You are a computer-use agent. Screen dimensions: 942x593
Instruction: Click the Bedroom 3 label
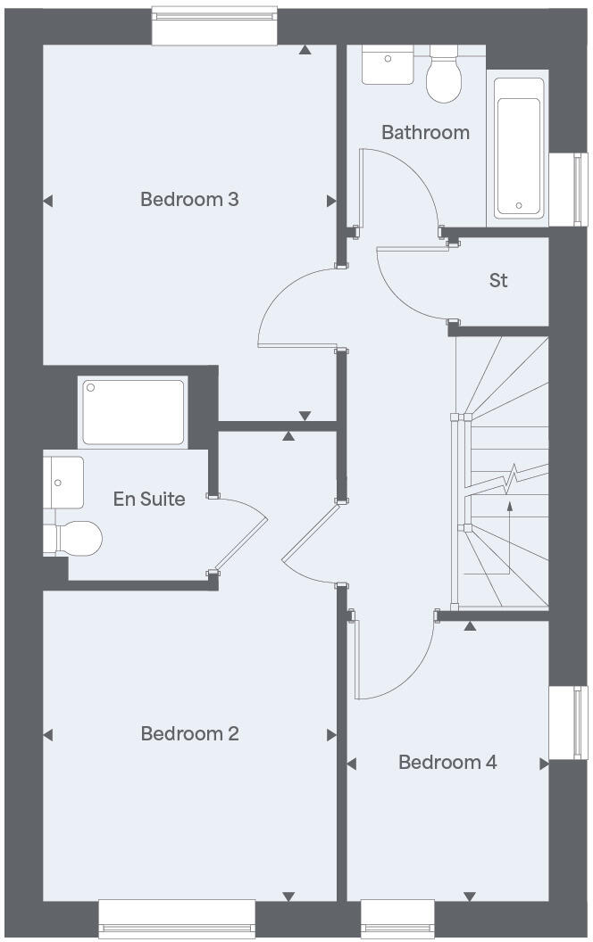(x=189, y=199)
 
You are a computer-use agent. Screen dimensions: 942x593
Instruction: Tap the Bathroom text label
(x=425, y=132)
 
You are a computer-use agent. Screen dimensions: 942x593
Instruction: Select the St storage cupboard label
(x=498, y=280)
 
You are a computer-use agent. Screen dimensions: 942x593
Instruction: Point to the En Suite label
(x=149, y=499)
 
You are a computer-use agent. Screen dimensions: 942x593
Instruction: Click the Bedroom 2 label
(x=189, y=733)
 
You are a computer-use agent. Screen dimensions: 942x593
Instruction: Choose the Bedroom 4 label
(x=447, y=762)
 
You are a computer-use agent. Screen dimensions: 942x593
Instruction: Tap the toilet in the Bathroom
(x=443, y=77)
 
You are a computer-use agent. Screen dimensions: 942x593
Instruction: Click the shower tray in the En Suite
(x=134, y=411)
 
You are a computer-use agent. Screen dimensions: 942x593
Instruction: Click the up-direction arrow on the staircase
(x=509, y=507)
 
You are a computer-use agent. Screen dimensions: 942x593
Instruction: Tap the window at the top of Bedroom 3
(x=214, y=26)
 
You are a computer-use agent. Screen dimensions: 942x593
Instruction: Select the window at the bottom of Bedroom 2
(x=176, y=919)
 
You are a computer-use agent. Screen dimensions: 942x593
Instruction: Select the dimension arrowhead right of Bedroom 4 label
(x=543, y=764)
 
